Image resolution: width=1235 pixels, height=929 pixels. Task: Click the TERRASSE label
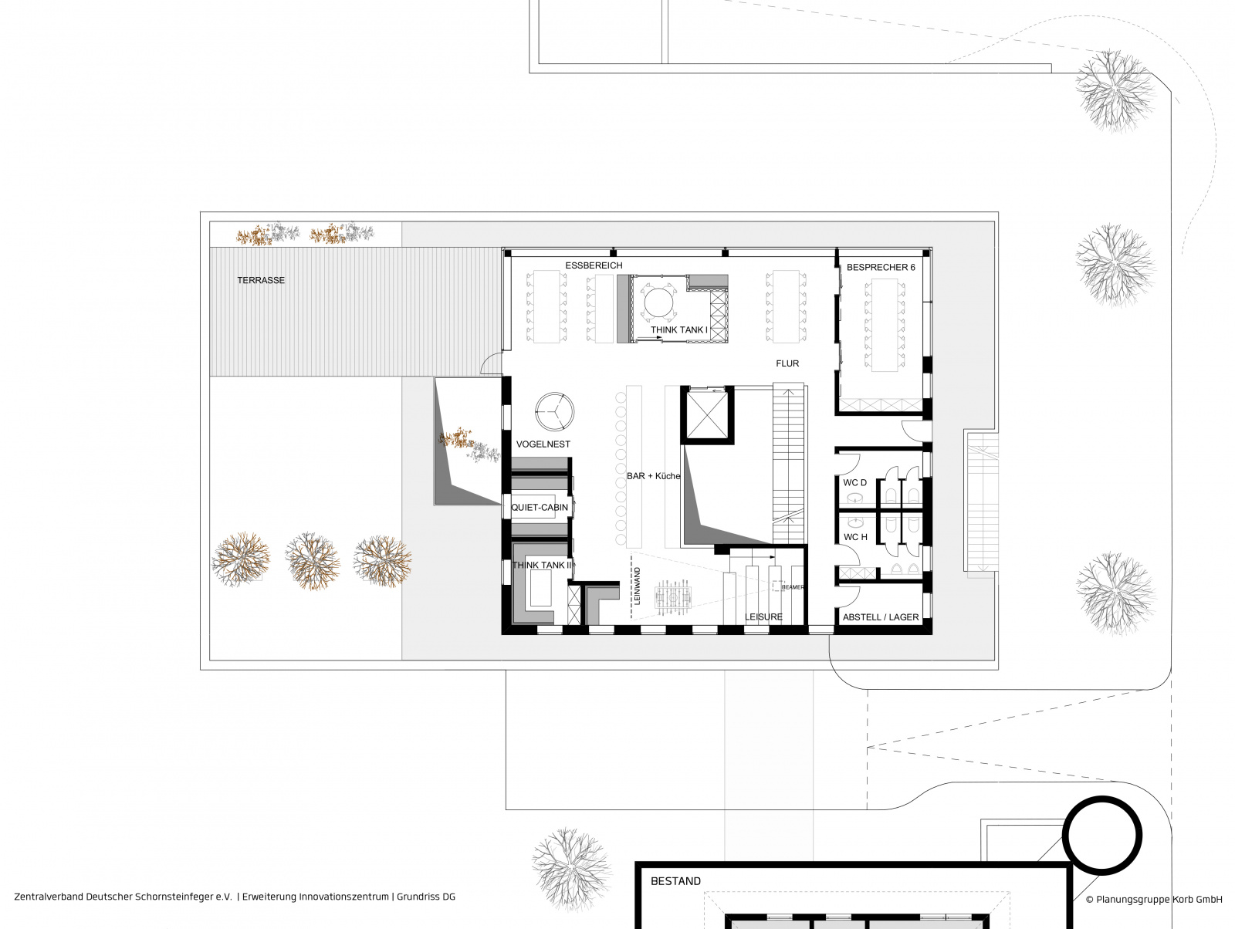[x=260, y=280]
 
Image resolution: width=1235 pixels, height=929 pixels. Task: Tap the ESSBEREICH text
[x=594, y=265]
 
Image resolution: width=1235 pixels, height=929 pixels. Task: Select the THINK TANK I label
[x=679, y=330]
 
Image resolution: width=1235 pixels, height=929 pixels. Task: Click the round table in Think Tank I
[x=658, y=303]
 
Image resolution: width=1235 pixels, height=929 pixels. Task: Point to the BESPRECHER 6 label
[x=881, y=267]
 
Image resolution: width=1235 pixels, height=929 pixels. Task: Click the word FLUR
[x=787, y=364]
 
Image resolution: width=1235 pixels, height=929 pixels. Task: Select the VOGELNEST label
[x=543, y=444]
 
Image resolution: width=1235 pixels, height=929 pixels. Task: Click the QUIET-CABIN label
[x=539, y=507]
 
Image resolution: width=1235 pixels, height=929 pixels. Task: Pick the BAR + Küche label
[x=653, y=476]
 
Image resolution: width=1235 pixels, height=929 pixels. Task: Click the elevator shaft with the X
[x=707, y=414]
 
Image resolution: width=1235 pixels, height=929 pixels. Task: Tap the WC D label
[x=854, y=482]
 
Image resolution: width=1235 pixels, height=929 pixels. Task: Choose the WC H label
[x=855, y=537]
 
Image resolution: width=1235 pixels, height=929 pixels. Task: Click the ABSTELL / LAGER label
[x=881, y=617]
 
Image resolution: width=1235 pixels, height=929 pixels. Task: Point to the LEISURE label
[x=763, y=617]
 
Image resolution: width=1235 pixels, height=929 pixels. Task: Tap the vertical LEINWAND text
[x=637, y=586]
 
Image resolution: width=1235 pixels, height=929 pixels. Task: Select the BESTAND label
[x=675, y=881]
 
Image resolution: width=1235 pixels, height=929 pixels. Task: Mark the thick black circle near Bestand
[x=1064, y=836]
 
